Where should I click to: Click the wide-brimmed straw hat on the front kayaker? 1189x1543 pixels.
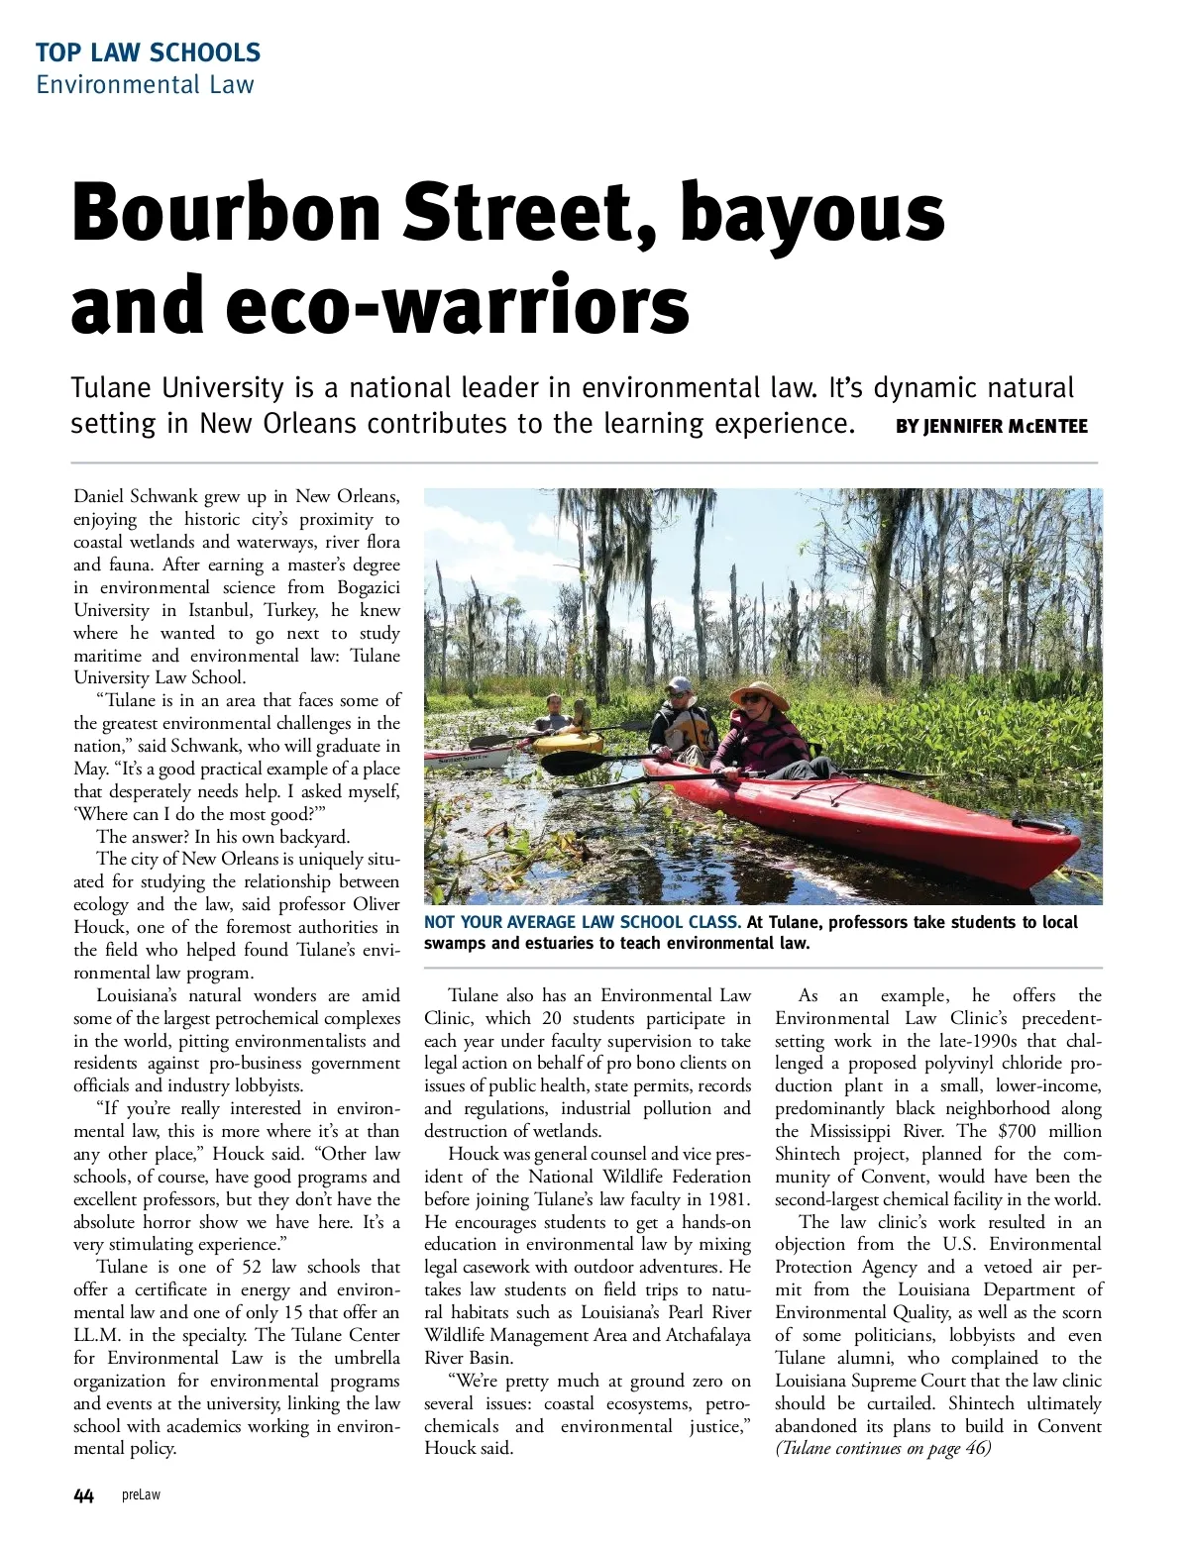click(758, 692)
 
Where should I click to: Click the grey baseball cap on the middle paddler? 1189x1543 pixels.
click(679, 684)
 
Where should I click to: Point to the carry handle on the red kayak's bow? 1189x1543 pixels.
click(1039, 825)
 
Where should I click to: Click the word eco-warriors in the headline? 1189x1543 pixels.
click(458, 305)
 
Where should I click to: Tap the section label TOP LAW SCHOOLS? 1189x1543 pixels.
click(148, 52)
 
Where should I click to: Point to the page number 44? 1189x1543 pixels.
click(83, 1495)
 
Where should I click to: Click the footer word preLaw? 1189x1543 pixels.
click(141, 1495)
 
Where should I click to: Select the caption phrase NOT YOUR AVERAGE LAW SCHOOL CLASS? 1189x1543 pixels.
click(582, 922)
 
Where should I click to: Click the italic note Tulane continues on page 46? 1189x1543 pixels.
click(883, 1449)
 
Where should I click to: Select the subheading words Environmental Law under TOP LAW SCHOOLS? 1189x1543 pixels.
click(145, 84)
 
